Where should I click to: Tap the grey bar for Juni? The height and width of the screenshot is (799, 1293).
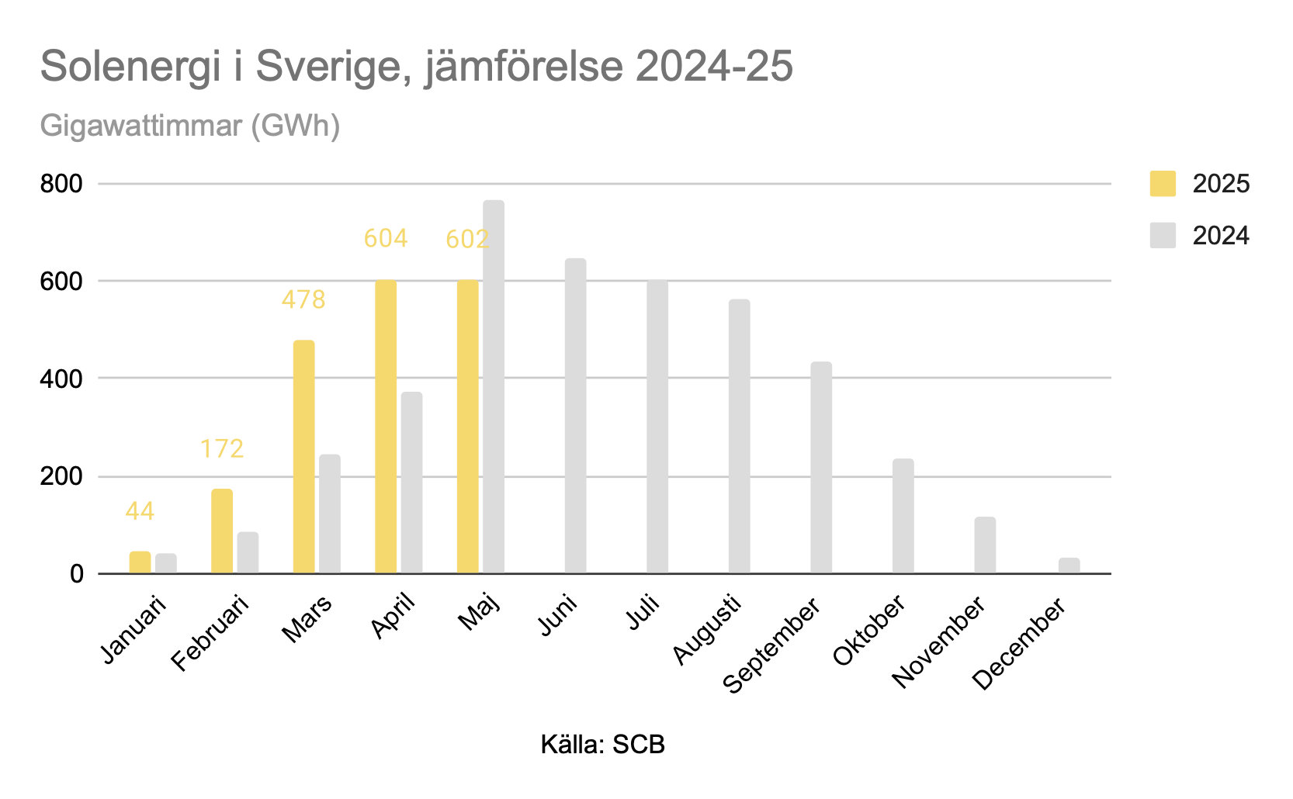point(575,416)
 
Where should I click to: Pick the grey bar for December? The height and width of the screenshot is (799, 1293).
point(1069,566)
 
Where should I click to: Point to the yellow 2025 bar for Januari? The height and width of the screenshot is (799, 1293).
point(140,562)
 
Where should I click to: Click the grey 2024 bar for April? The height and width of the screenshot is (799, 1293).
point(411,483)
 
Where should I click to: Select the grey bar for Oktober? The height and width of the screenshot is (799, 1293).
point(903,516)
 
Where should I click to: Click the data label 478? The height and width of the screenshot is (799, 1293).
point(303,299)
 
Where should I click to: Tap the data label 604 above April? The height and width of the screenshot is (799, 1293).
point(386,238)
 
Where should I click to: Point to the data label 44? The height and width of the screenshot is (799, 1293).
point(140,511)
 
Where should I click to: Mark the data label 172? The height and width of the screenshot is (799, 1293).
point(222,448)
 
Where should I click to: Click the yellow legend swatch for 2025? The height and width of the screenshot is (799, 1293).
point(1162,184)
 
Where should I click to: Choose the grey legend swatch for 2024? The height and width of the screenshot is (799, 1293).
point(1162,235)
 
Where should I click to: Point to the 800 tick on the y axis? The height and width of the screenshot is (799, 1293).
point(61,184)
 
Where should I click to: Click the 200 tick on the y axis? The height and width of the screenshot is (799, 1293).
point(61,476)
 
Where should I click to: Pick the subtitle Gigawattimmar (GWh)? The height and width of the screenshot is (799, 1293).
point(190,126)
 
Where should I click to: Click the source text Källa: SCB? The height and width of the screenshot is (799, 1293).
point(603,745)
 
